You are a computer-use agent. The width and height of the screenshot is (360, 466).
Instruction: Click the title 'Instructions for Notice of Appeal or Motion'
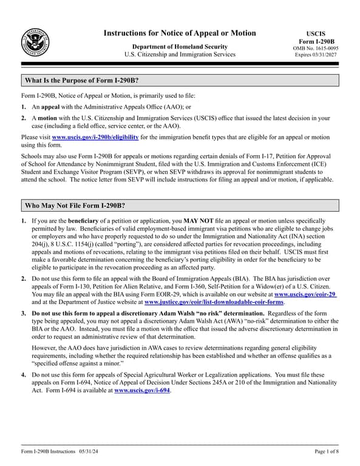[180, 33]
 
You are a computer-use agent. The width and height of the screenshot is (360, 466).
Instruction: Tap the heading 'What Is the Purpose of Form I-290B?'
[81, 81]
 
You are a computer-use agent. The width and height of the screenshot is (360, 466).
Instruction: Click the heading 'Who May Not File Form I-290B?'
[75, 205]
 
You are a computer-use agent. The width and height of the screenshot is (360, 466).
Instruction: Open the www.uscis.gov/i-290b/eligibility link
[95, 138]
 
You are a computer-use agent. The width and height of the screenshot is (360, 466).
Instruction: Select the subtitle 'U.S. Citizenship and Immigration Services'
[180, 55]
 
